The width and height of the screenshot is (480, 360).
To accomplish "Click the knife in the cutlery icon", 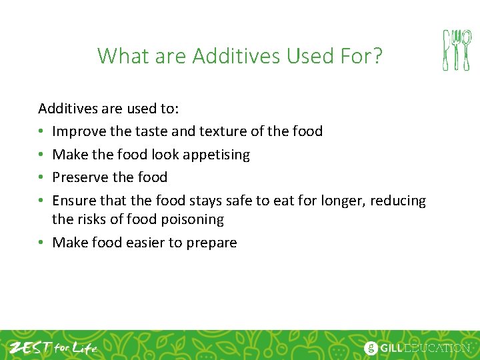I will pyautogui.click(x=447, y=50).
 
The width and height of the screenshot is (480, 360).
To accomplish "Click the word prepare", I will pyautogui.click(x=211, y=243).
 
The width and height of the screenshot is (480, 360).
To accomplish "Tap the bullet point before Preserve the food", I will pyautogui.click(x=42, y=177).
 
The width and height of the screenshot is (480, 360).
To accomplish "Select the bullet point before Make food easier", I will pyautogui.click(x=42, y=243).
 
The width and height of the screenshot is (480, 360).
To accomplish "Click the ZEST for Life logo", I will pyautogui.click(x=53, y=347).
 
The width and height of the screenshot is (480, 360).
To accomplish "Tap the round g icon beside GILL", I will pyautogui.click(x=371, y=348).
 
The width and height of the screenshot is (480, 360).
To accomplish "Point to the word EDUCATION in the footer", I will pyautogui.click(x=439, y=348).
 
